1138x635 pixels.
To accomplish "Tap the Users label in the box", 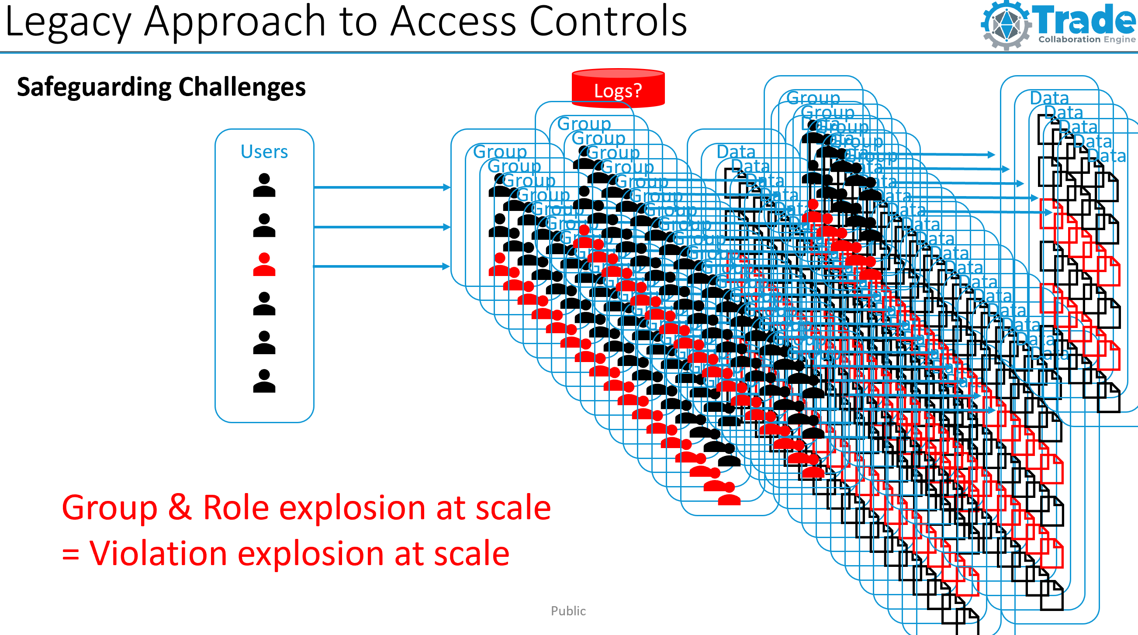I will pyautogui.click(x=264, y=152).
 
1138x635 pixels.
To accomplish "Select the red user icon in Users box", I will pyautogui.click(x=264, y=265).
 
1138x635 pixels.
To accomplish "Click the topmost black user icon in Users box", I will pyautogui.click(x=264, y=185).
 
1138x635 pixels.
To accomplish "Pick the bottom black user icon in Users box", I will pyautogui.click(x=264, y=381).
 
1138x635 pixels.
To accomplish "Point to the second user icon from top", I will pyautogui.click(x=264, y=225).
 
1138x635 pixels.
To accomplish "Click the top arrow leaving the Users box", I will pyautogui.click(x=382, y=187).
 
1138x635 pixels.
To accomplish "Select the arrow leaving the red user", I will pyautogui.click(x=382, y=266).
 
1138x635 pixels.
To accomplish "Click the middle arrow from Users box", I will pyautogui.click(x=382, y=227).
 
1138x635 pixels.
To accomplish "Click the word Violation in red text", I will pyautogui.click(x=158, y=553).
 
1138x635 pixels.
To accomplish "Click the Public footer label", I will pyautogui.click(x=568, y=611).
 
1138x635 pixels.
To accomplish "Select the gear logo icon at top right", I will pyautogui.click(x=1006, y=25).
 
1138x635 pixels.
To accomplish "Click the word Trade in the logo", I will pyautogui.click(x=1084, y=20).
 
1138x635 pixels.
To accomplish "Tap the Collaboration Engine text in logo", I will pyautogui.click(x=1086, y=39).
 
